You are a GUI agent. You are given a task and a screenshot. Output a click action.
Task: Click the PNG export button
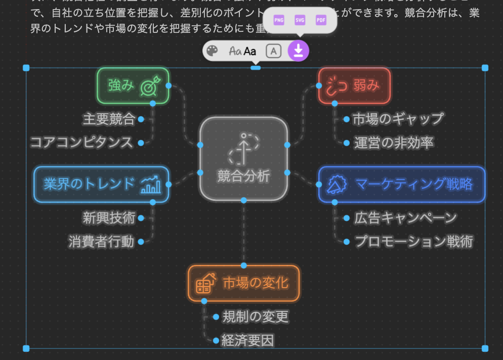tap(279, 20)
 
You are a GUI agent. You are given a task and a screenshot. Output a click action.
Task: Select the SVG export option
tap(300, 20)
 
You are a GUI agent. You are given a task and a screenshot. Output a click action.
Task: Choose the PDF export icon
tap(321, 20)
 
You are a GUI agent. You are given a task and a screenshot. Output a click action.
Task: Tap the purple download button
tap(298, 51)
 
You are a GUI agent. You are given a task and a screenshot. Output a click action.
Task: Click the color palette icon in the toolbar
tap(213, 51)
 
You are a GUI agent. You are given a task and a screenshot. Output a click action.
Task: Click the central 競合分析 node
tap(243, 158)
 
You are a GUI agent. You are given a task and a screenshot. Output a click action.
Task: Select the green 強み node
tap(133, 85)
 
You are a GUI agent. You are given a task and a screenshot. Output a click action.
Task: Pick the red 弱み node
tap(354, 85)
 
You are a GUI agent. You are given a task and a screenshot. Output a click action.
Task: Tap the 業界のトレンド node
tap(101, 184)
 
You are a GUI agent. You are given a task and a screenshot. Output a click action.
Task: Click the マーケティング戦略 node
tap(402, 184)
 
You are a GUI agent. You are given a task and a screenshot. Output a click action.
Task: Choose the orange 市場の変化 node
tap(243, 283)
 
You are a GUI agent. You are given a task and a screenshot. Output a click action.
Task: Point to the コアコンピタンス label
tap(81, 142)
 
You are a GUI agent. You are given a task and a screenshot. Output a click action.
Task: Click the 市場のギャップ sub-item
tap(398, 119)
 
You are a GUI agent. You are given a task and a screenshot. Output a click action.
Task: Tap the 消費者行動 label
tap(102, 242)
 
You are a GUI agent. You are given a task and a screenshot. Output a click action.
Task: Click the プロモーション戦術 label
tap(413, 242)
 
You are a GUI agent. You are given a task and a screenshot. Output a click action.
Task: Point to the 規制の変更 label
tap(255, 317)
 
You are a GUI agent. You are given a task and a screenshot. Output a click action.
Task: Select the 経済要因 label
tap(247, 340)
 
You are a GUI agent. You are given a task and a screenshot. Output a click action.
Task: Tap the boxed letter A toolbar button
tap(274, 51)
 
